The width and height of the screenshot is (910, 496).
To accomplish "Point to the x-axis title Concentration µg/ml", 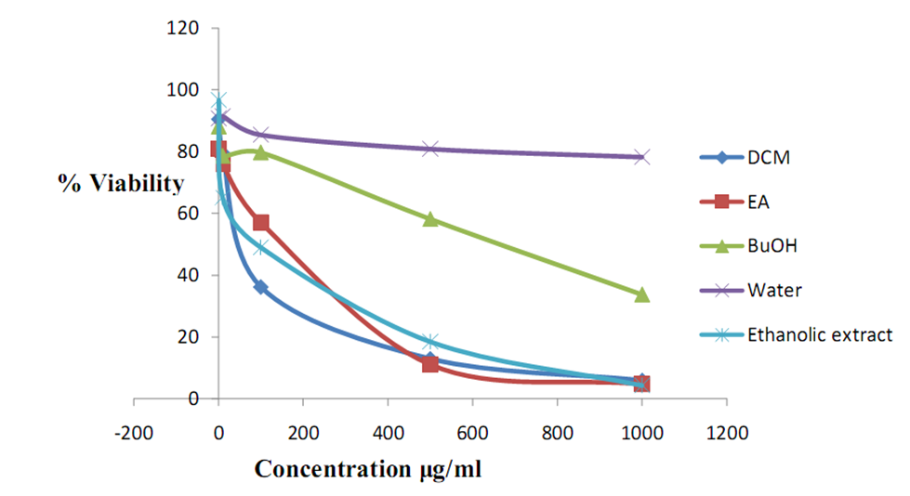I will coord(368,468).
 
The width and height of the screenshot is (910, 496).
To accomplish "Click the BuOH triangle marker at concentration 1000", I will coord(641,294).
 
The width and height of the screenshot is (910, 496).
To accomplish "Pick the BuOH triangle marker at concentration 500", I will coord(430,219).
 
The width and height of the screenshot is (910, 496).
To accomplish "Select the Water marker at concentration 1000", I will coord(641,157).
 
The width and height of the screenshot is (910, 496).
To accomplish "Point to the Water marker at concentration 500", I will coord(430,149).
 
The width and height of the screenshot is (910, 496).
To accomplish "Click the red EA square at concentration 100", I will coord(261,223).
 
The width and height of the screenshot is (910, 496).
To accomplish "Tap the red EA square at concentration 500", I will coord(430,364).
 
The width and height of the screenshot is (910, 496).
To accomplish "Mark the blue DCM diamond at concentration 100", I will coord(261,288).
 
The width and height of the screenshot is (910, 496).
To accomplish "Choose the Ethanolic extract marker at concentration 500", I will coord(430,342).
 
